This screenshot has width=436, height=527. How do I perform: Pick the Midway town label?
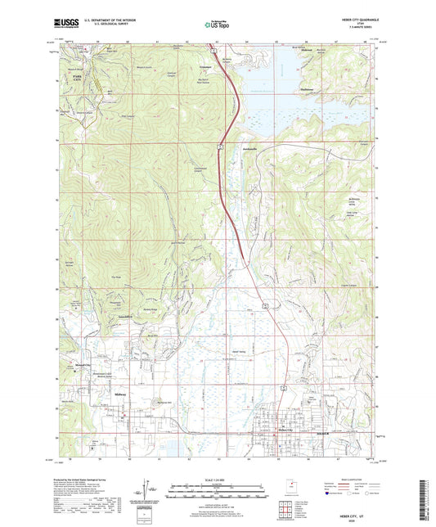(119, 394)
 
